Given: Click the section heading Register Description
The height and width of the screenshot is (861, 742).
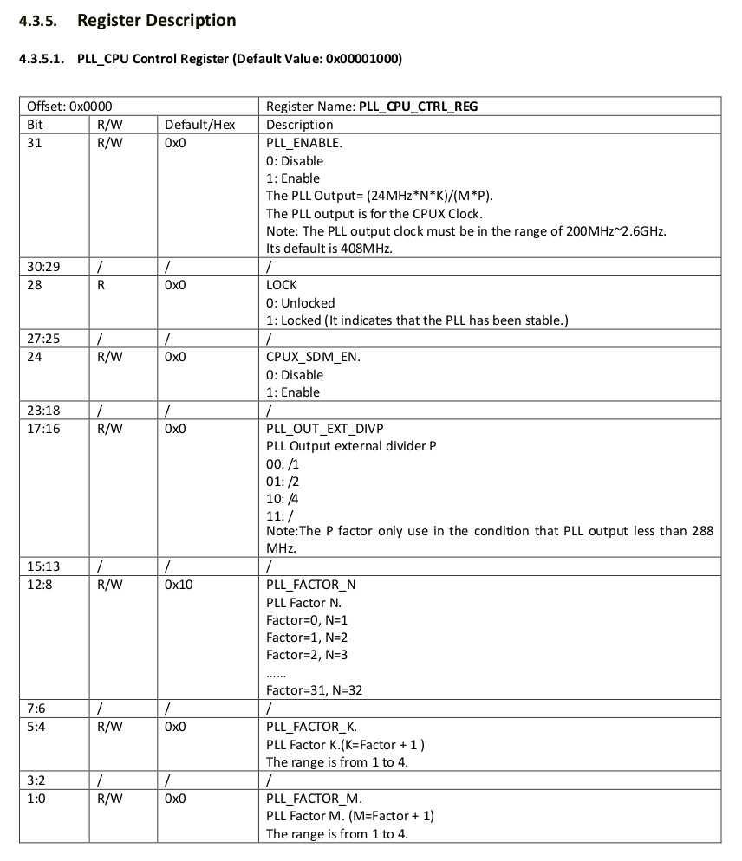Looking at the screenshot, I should tap(156, 20).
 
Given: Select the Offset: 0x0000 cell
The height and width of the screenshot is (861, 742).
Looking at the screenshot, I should tap(69, 107).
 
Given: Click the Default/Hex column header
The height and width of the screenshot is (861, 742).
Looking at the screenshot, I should tap(199, 125).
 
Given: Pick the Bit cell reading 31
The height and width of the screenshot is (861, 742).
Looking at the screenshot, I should tap(35, 143).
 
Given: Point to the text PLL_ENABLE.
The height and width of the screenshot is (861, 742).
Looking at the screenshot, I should tap(304, 143).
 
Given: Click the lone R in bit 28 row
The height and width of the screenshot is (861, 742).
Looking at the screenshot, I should tap(101, 285).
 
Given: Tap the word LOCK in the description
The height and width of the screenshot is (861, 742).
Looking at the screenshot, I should tap(282, 285).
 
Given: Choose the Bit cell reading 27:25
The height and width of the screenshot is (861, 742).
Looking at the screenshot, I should tap(43, 339).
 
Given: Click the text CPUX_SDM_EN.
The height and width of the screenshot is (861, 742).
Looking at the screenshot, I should tap(307, 357).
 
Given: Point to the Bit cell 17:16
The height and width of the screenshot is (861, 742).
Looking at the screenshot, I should tap(43, 428).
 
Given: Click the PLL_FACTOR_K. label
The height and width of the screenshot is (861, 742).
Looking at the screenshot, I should tap(311, 727).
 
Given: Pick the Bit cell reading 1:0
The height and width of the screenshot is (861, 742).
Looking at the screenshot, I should tap(36, 798).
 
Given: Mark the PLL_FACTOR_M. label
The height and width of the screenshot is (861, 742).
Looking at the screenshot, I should tap(314, 798).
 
